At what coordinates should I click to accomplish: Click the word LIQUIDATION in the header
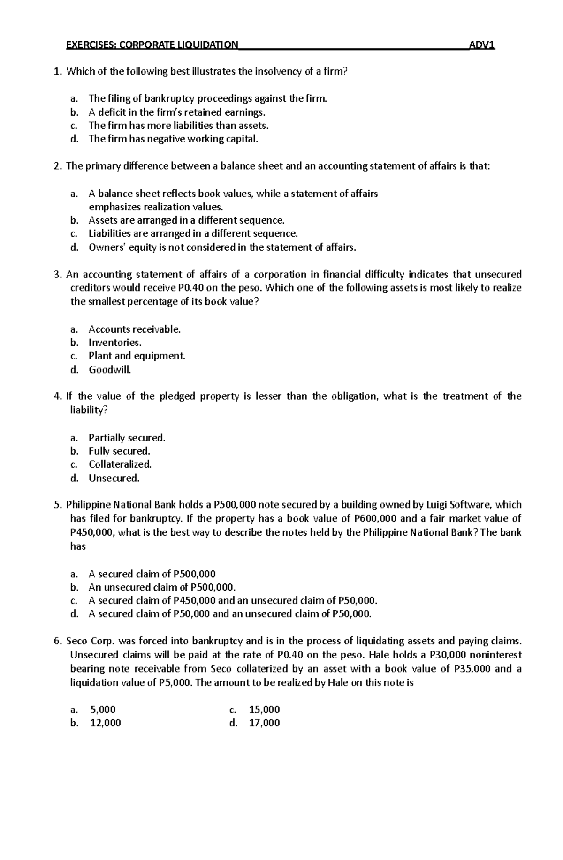click(208, 45)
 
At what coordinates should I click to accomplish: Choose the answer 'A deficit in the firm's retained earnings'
click(176, 112)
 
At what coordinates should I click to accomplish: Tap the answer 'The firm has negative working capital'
click(173, 139)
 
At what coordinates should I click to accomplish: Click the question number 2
click(57, 166)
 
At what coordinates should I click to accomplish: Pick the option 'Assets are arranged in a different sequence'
click(186, 220)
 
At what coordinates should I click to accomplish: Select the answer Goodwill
click(110, 370)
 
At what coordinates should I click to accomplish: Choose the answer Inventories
click(115, 343)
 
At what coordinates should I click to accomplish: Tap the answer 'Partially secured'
click(127, 438)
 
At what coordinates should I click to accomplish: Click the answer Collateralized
click(120, 464)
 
